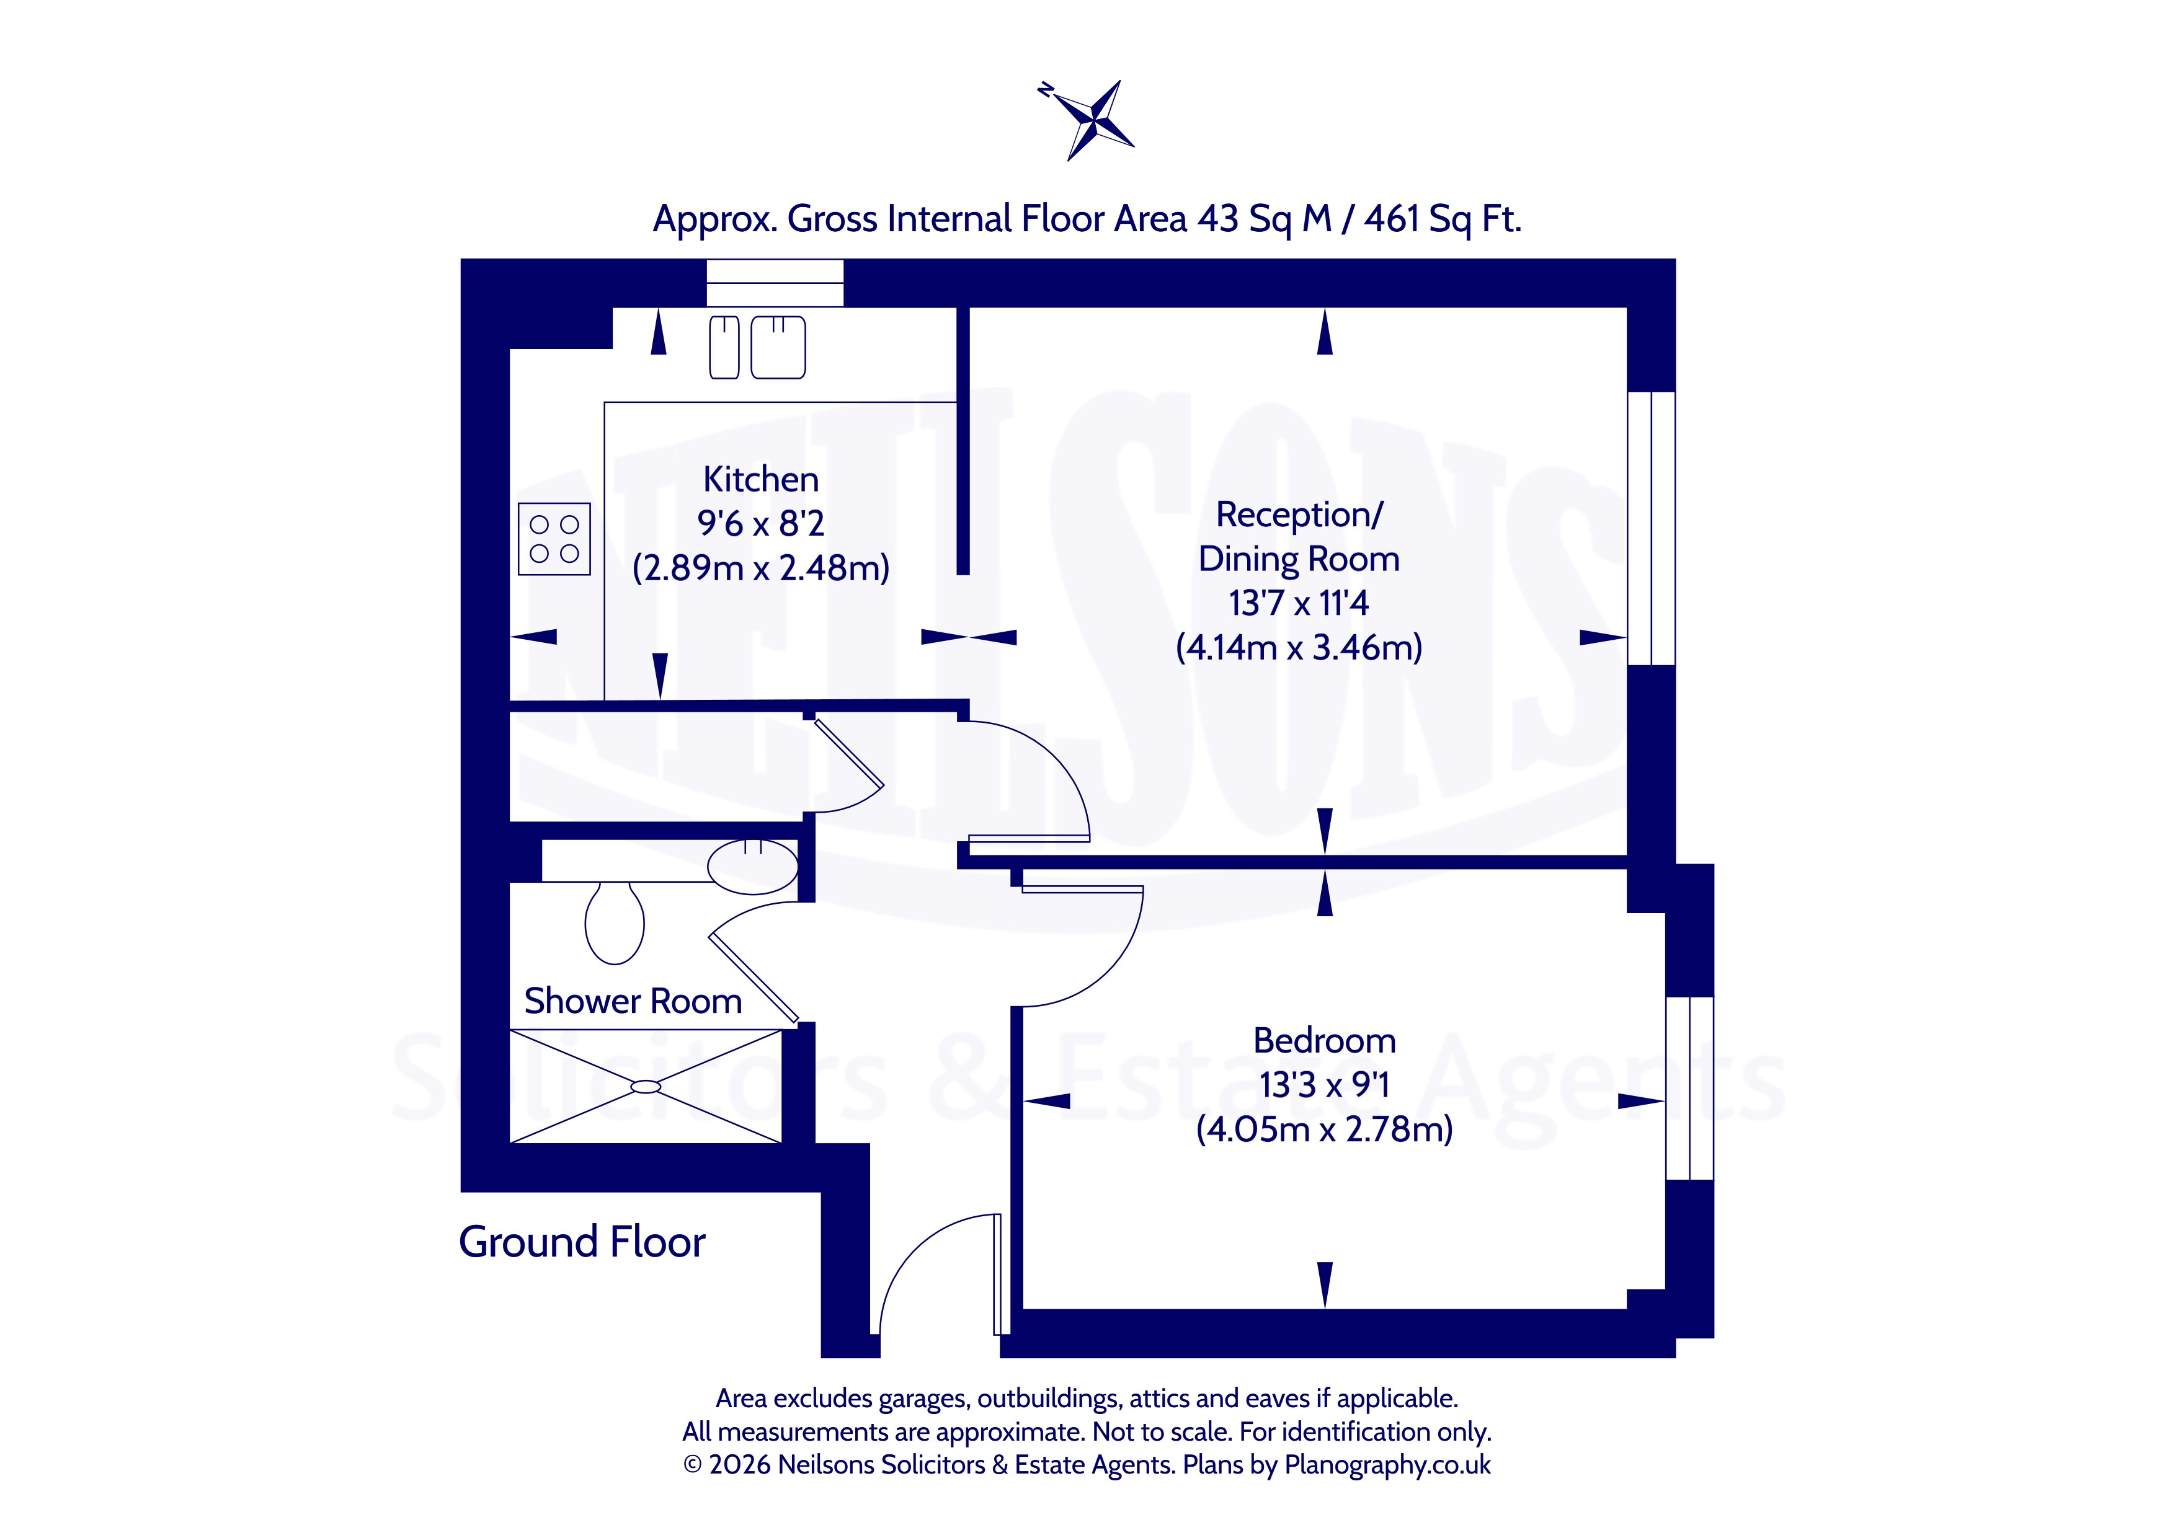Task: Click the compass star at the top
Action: (1094, 120)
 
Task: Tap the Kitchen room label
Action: (761, 479)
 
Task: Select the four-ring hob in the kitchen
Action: (554, 539)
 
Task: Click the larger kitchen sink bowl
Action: (778, 348)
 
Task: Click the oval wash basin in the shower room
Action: (753, 865)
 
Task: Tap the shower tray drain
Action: (646, 1086)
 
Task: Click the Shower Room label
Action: (633, 1001)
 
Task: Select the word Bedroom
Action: (1324, 1041)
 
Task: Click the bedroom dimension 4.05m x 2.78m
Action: (1324, 1129)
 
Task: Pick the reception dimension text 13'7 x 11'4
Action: (1299, 603)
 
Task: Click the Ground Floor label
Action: (582, 1242)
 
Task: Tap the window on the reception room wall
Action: (1651, 528)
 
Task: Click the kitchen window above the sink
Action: (775, 282)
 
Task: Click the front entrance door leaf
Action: (997, 1274)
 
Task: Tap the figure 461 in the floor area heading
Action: (1392, 219)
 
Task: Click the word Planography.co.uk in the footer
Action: (1387, 1465)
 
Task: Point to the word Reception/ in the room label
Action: (1299, 515)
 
